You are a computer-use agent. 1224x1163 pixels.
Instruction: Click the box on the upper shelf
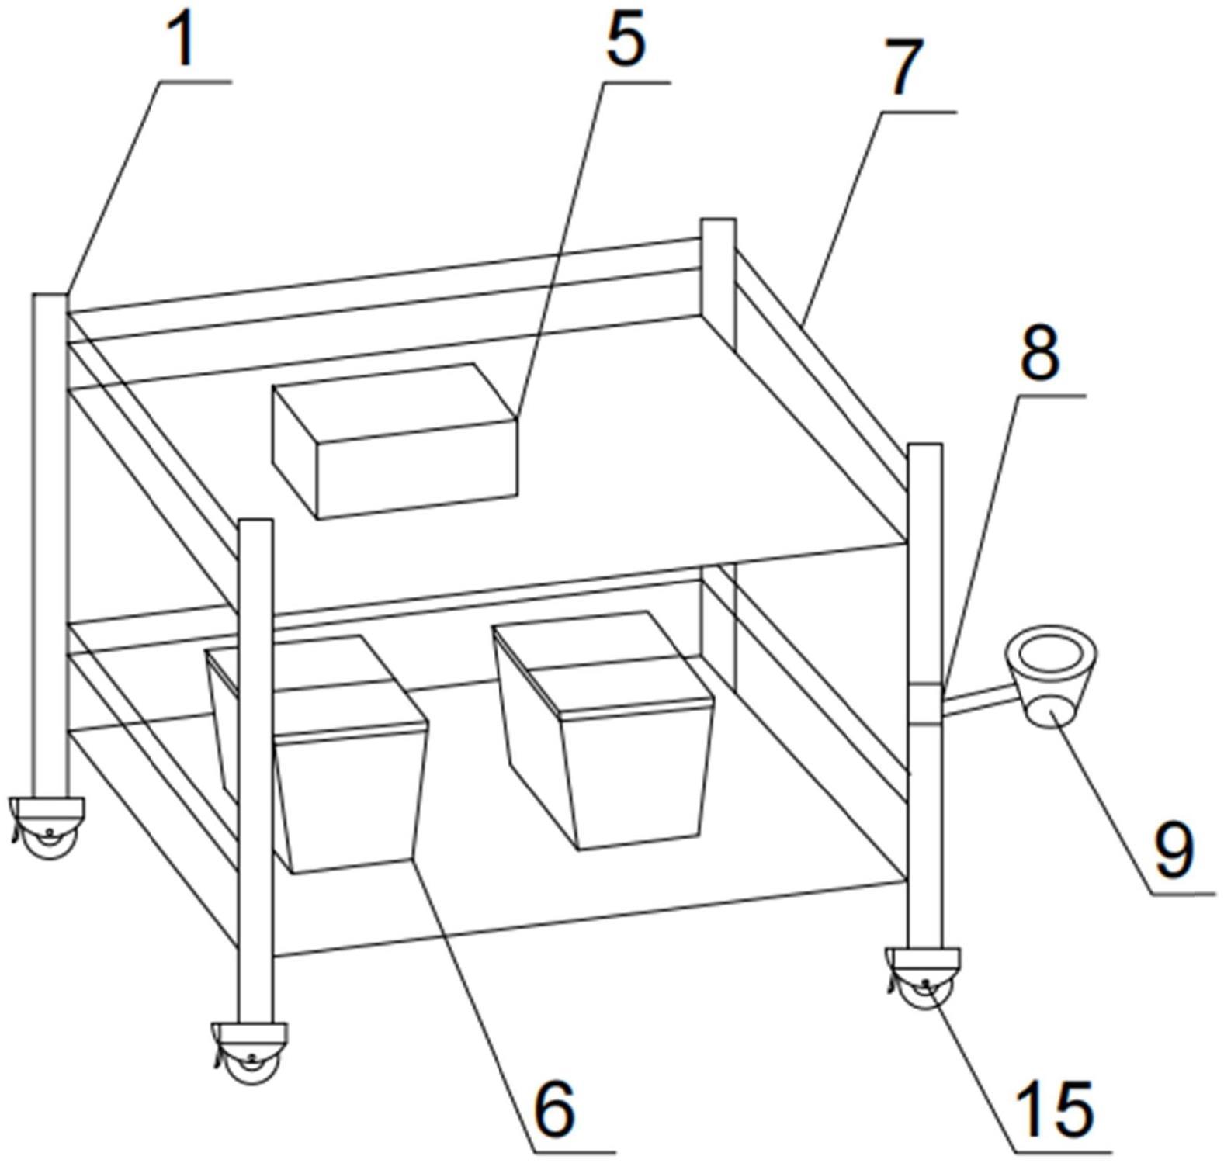394,440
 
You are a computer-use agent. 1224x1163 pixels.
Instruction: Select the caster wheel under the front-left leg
251,1053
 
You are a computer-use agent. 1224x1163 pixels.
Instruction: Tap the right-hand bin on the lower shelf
603,729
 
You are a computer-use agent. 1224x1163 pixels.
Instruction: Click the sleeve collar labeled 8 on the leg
926,703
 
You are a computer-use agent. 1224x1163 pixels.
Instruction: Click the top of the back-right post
719,222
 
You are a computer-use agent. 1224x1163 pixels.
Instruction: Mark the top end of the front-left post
256,523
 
